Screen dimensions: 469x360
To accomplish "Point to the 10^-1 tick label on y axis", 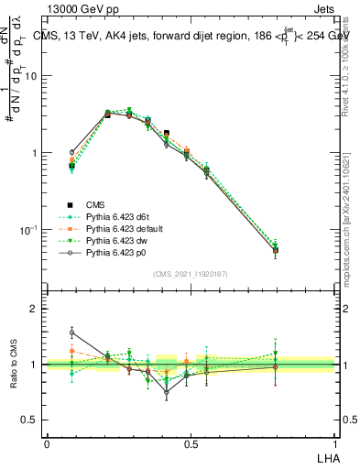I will click(28, 229).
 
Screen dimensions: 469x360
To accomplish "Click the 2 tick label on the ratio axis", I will click(34, 309).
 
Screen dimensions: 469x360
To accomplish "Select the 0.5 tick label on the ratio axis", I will click(31, 420).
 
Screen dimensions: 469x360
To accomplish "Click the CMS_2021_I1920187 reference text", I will click(190, 274).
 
